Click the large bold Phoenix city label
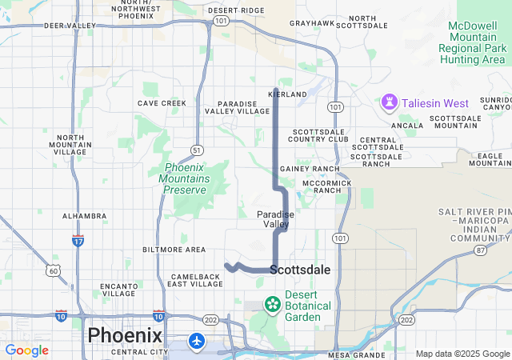[125, 334]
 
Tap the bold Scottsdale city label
[300, 270]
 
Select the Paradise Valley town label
[275, 219]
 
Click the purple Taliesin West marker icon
[390, 102]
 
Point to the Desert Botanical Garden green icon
[273, 304]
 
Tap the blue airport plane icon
[197, 342]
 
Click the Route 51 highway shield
[196, 150]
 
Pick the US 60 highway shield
[53, 271]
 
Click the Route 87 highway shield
[480, 250]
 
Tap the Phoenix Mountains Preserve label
[187, 178]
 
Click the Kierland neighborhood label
[288, 94]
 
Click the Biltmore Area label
[174, 250]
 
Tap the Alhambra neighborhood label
[84, 216]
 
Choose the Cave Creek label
[162, 103]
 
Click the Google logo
[26, 350]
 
